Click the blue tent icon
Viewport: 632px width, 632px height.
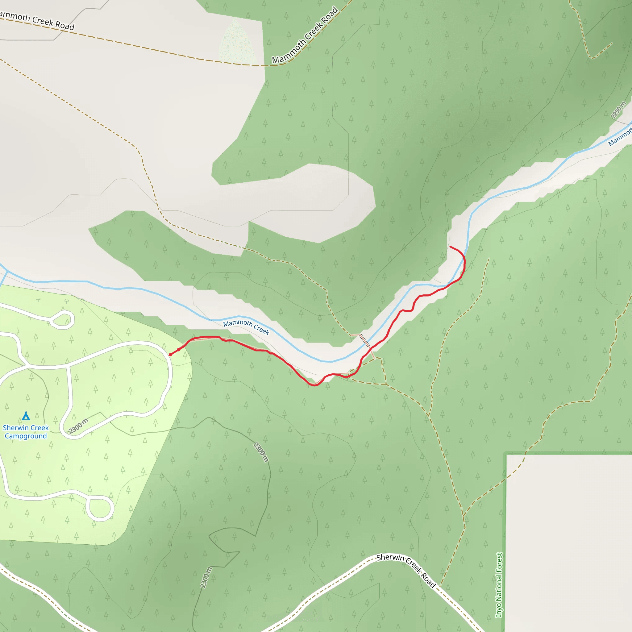[26, 416]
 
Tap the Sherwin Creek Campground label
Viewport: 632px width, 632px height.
[26, 432]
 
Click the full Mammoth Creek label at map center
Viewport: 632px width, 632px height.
[246, 327]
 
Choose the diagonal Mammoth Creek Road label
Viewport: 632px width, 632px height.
[305, 35]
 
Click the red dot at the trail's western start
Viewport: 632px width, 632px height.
[170, 355]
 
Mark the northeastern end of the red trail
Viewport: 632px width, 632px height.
[451, 247]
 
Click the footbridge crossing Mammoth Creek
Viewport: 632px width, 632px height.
[365, 341]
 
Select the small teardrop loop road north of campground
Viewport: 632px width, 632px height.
[62, 319]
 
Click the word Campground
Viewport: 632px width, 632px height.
[26, 436]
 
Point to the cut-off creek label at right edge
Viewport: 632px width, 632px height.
[620, 138]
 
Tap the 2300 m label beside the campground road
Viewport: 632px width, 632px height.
[78, 426]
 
